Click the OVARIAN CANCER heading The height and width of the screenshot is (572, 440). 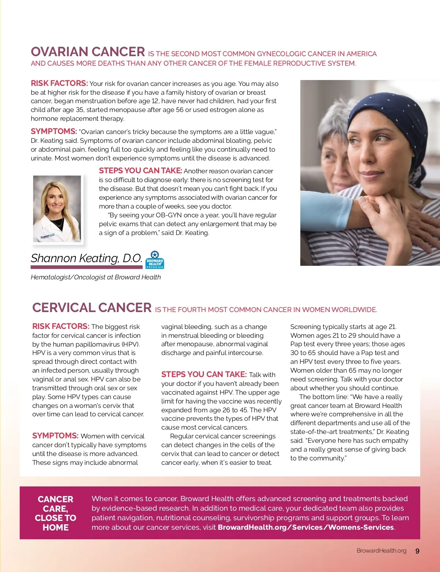coord(88,52)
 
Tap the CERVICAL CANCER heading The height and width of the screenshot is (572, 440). coord(92,308)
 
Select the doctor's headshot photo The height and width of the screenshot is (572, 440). coord(57,209)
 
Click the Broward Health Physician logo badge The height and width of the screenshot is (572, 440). coord(155,260)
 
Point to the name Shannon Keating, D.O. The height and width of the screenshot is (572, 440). coord(86,258)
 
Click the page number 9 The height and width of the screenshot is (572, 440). coord(417,551)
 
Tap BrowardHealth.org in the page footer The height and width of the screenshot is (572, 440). coord(381,551)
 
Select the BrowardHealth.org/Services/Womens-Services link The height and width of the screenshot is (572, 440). coord(306,528)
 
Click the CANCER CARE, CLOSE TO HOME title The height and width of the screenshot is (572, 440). coord(55,513)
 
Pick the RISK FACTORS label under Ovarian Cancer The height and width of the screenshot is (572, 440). coord(59,83)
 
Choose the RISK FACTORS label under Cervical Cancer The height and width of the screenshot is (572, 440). coord(60,326)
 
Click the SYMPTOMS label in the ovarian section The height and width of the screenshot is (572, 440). coord(54,131)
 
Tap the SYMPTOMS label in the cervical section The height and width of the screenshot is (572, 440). coord(55,436)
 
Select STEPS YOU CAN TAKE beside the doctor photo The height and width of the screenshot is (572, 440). coord(140,171)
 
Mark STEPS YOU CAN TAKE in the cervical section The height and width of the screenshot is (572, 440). coord(204,374)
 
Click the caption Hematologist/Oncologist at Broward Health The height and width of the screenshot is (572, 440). coord(96,277)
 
